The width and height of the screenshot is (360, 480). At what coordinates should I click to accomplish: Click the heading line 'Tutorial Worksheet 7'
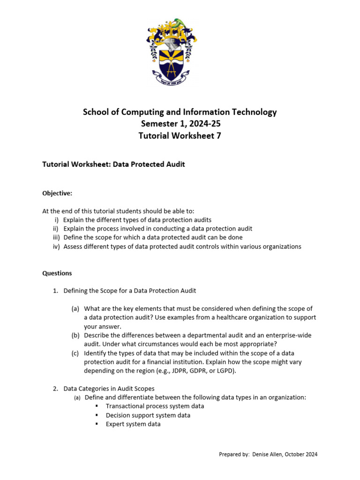tap(180, 136)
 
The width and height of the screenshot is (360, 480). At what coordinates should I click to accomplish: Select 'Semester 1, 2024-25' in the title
tap(180, 124)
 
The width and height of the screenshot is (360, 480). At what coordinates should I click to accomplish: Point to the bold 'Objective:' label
tap(57, 193)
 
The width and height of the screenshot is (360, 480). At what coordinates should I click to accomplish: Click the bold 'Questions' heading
tap(57, 273)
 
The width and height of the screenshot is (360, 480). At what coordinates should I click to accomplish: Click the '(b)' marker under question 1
tap(75, 335)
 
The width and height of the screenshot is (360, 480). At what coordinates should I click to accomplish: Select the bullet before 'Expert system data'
tap(96, 424)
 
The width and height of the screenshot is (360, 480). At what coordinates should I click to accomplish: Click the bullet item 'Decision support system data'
tap(148, 415)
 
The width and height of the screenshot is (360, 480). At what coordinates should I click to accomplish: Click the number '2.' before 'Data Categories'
tap(55, 389)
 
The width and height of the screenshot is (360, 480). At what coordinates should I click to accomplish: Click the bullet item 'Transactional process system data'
tap(155, 406)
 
